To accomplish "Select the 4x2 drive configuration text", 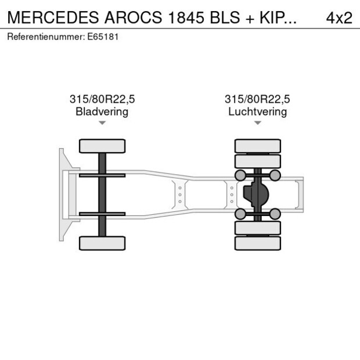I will (339, 17).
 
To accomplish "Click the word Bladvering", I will (102, 111).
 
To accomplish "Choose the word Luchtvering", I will (257, 111).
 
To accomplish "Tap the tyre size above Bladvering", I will (102, 99).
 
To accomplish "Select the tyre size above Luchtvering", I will (257, 99).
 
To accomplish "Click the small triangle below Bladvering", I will (102, 123).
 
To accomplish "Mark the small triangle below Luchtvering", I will (257, 123).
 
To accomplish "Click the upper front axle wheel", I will (102, 146).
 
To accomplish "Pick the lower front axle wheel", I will (102, 243).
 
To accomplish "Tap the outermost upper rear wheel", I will (257, 145).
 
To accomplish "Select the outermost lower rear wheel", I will (257, 243).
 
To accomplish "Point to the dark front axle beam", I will (102, 195).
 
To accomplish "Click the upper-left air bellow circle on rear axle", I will (239, 175).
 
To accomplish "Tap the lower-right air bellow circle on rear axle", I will (275, 214).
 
